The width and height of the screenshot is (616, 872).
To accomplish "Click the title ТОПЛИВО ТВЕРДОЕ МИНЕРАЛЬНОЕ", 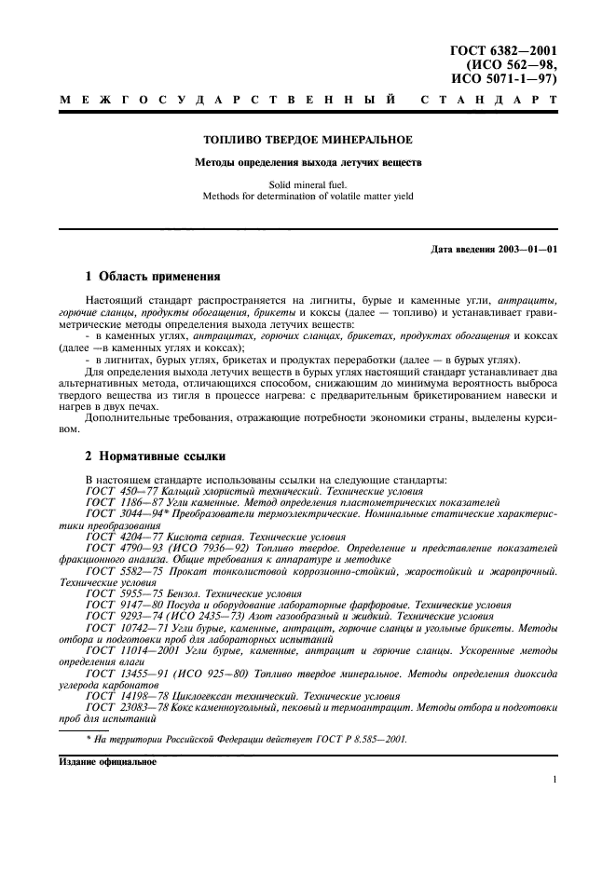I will tap(308, 141).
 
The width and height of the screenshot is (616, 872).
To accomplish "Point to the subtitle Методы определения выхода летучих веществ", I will tap(308, 162).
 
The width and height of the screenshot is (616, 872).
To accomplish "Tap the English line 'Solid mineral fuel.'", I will tap(308, 184).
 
